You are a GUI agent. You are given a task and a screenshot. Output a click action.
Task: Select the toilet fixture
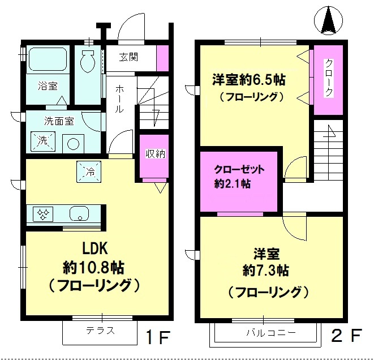click(x=88, y=61)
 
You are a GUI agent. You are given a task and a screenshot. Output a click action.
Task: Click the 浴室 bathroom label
click(x=48, y=87)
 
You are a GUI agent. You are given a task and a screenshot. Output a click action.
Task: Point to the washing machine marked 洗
click(x=44, y=140)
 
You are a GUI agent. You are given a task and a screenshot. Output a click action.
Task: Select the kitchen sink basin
click(x=79, y=214)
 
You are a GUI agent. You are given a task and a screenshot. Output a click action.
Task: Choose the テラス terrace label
click(x=101, y=331)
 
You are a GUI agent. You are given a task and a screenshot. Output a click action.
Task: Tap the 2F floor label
click(x=345, y=337)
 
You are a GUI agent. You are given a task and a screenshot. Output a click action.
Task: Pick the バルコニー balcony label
click(x=266, y=332)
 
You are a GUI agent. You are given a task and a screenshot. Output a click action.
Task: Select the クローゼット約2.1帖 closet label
click(x=239, y=176)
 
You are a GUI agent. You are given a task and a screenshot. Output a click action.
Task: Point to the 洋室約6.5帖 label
click(x=248, y=79)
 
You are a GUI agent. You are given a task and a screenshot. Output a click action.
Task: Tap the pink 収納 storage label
click(x=154, y=154)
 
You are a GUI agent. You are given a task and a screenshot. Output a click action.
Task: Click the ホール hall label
click(x=119, y=99)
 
